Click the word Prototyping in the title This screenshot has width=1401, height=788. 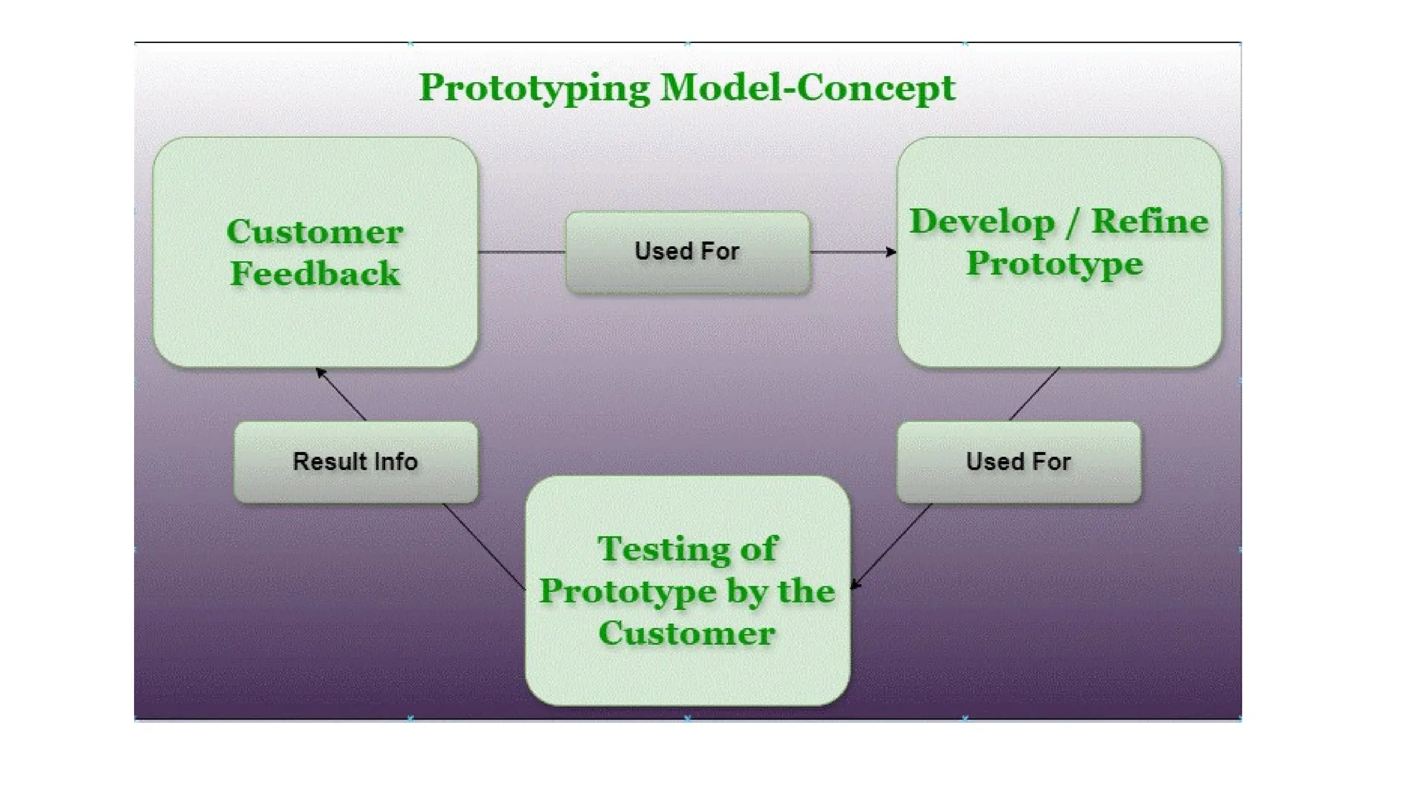click(x=534, y=89)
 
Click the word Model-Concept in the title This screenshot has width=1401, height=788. click(x=807, y=88)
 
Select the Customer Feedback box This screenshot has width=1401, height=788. click(x=315, y=321)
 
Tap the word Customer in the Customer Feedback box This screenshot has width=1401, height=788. click(x=315, y=232)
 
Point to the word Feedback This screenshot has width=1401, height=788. click(x=315, y=274)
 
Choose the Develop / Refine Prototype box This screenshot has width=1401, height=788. click(x=1059, y=321)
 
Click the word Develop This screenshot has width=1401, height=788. click(x=982, y=222)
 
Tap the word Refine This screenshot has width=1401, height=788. click(x=1150, y=222)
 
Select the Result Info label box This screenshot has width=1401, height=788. click(x=356, y=486)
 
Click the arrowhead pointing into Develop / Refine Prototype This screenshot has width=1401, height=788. click(x=891, y=252)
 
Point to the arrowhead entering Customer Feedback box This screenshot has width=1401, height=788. click(x=320, y=373)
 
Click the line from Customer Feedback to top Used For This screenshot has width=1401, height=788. click(x=521, y=252)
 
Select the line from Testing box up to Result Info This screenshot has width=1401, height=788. click(x=484, y=547)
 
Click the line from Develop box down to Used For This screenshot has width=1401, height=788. click(x=1034, y=394)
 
